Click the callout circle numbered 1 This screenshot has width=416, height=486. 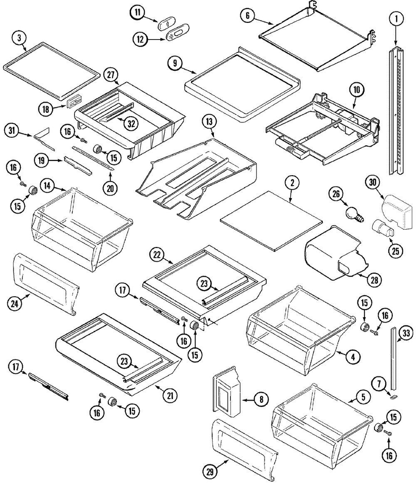tap(397, 18)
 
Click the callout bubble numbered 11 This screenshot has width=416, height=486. tap(137, 12)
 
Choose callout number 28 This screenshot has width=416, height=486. tap(374, 280)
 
